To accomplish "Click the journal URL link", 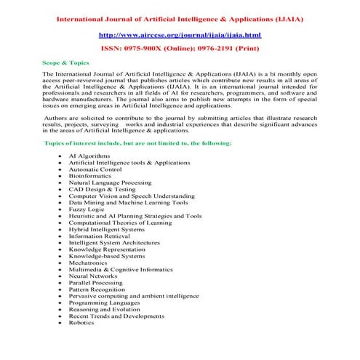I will [180, 34].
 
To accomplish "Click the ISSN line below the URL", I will [180, 49].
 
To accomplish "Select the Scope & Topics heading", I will [65, 63].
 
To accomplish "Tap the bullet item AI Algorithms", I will [89, 156].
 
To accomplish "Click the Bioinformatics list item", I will [91, 175].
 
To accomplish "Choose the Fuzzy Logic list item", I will [87, 209].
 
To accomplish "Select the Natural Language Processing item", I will [110, 182].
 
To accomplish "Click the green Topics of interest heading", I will [138, 143].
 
